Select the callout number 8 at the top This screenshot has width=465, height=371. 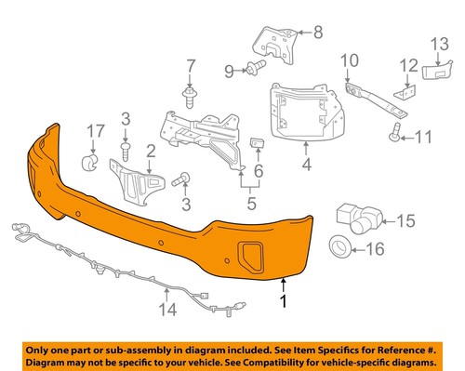click(x=318, y=33)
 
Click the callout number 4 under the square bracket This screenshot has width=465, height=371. click(x=306, y=169)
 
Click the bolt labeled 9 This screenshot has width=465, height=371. click(x=254, y=67)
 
